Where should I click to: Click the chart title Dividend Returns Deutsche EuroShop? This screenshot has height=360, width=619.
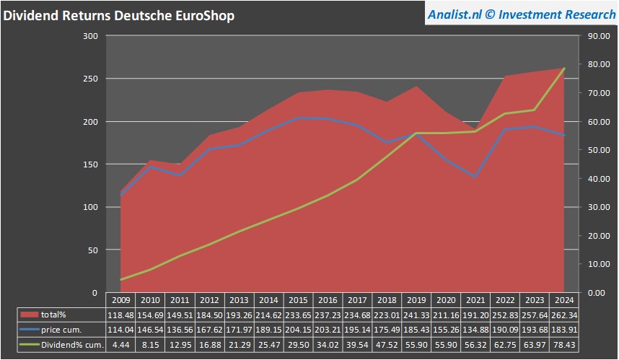coord(119,15)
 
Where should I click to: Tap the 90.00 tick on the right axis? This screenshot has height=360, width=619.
coord(599,36)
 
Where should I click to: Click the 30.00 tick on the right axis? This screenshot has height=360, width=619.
coord(599,207)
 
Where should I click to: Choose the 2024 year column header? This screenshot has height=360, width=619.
coord(563,299)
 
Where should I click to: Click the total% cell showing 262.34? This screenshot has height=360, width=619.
coord(563,315)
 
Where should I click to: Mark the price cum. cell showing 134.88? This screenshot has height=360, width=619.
coord(475,330)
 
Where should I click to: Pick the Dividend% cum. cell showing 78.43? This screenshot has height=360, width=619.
coord(563,345)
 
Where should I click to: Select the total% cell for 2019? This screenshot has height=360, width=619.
coord(416,315)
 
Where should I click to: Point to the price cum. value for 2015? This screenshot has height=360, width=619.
coord(297,330)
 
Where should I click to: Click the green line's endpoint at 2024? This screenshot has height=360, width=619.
coord(563,69)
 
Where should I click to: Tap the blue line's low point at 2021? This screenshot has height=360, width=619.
coord(475,177)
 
